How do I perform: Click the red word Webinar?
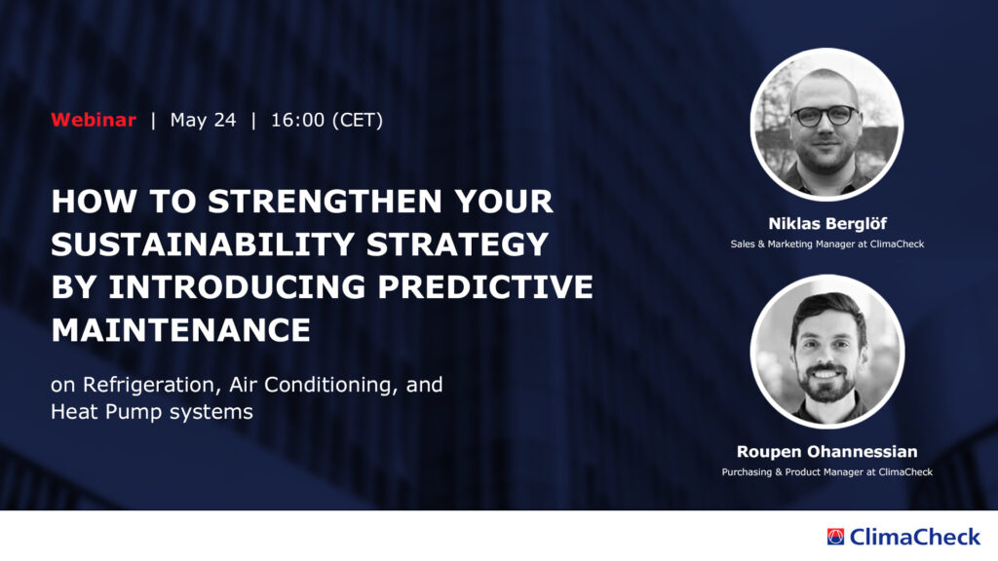pyautogui.click(x=94, y=120)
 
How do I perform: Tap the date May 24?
pyautogui.click(x=203, y=120)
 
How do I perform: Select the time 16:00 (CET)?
pyautogui.click(x=327, y=120)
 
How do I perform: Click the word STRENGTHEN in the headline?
pyautogui.click(x=326, y=201)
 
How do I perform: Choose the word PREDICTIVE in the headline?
pyautogui.click(x=485, y=287)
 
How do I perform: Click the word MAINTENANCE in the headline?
pyautogui.click(x=180, y=330)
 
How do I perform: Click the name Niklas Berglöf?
pyautogui.click(x=827, y=224)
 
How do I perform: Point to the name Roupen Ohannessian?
pyautogui.click(x=827, y=452)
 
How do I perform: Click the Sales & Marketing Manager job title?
pyautogui.click(x=827, y=244)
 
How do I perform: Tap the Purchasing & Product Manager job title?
pyautogui.click(x=827, y=472)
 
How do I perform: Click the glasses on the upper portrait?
pyautogui.click(x=825, y=116)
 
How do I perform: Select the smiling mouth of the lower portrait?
pyautogui.click(x=825, y=374)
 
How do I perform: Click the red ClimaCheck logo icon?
pyautogui.click(x=835, y=537)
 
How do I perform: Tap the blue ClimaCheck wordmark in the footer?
pyautogui.click(x=915, y=537)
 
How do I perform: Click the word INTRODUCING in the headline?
pyautogui.click(x=237, y=287)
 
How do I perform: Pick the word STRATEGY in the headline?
pyautogui.click(x=458, y=244)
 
